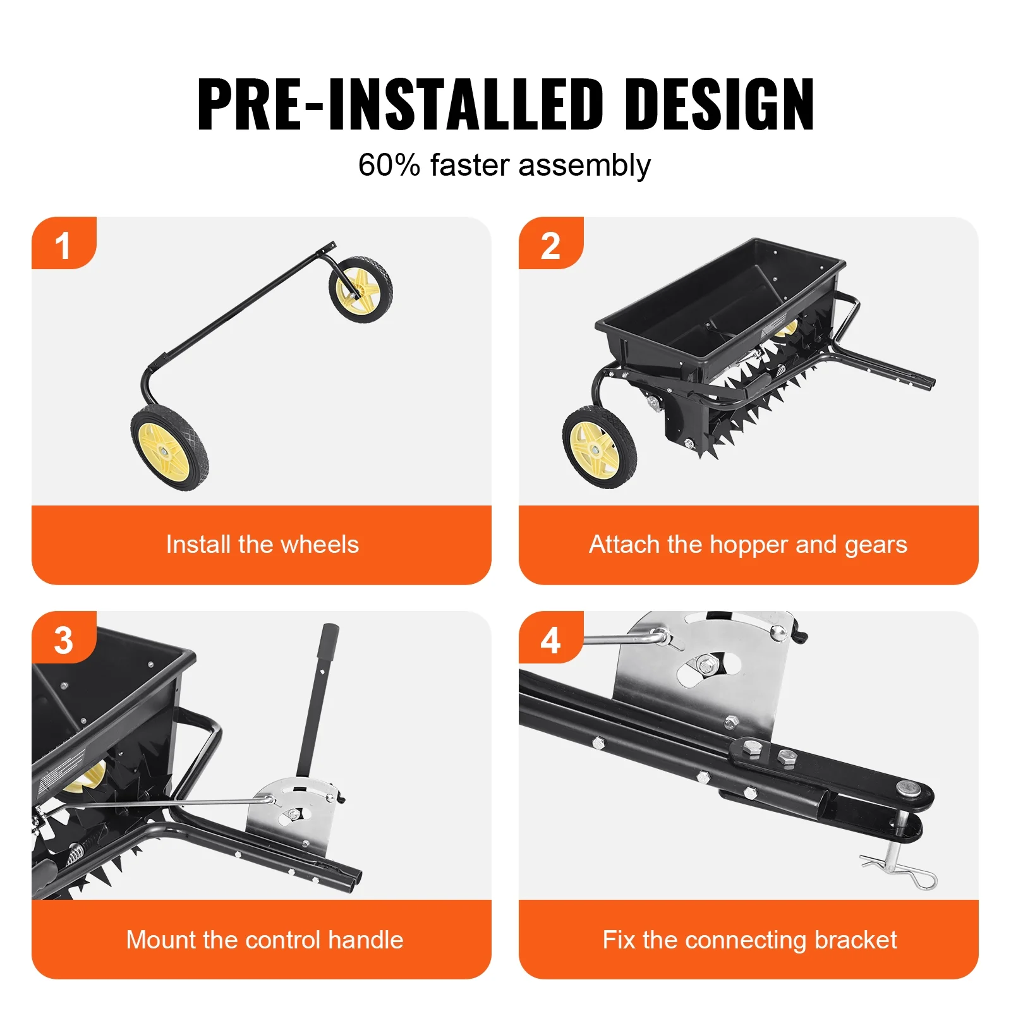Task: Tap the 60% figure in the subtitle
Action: pyautogui.click(x=389, y=166)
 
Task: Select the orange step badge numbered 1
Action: pyautogui.click(x=63, y=245)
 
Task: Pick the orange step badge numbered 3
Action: pyautogui.click(x=63, y=639)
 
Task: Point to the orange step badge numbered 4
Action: pyautogui.click(x=550, y=639)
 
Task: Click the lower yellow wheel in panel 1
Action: pyautogui.click(x=169, y=449)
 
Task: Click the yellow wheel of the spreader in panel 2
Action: pyautogui.click(x=598, y=447)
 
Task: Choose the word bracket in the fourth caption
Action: pyautogui.click(x=856, y=940)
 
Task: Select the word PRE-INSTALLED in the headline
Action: pyautogui.click(x=400, y=104)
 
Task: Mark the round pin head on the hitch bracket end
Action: pyautogui.click(x=907, y=787)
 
